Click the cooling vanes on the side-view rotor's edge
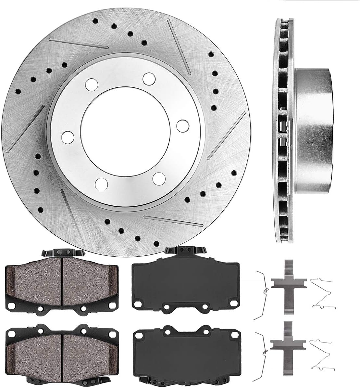[x=282, y=130]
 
